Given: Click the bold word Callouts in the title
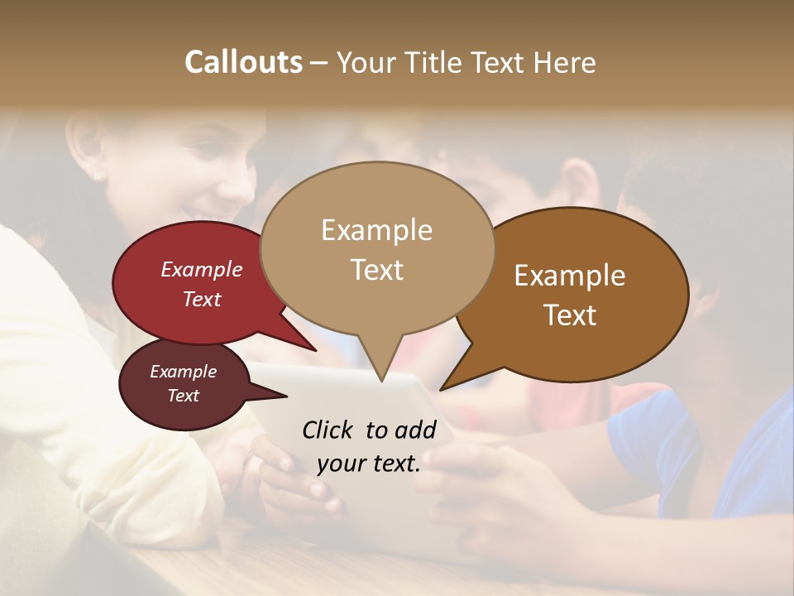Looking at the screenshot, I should (243, 62).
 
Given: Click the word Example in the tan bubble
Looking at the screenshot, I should (376, 230).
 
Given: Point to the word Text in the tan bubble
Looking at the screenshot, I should (376, 270).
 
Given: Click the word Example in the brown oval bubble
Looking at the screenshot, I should (570, 276).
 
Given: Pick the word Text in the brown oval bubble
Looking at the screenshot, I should (570, 315).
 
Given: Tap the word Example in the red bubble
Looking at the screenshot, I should (202, 269).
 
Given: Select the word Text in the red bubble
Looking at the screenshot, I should (202, 299).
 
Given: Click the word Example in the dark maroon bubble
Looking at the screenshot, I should (183, 372).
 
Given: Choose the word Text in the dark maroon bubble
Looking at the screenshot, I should (183, 396).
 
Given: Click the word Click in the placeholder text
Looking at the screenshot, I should (328, 430).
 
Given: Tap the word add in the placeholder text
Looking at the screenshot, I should (415, 430).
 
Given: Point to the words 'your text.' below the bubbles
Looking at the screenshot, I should (369, 464).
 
